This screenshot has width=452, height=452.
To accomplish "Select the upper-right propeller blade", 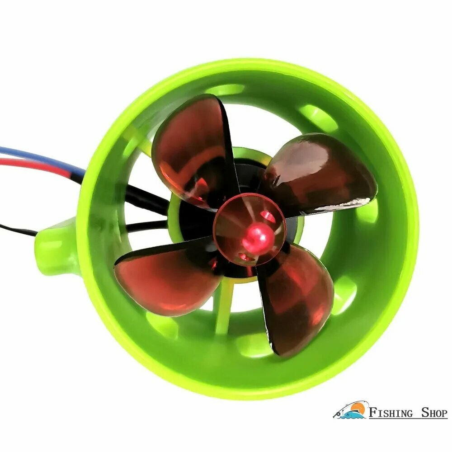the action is (x=320, y=173).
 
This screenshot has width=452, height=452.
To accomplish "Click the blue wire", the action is (x=43, y=159).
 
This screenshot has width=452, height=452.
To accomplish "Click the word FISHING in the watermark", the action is (x=391, y=413).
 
